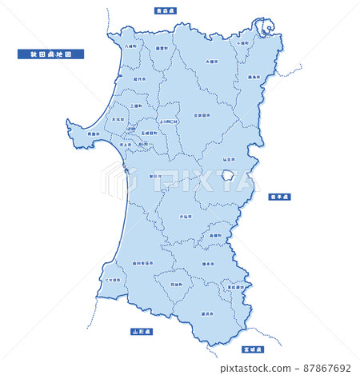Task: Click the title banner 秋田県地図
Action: tap(50, 55)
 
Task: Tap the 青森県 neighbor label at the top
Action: tap(167, 10)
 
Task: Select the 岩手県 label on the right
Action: tap(281, 195)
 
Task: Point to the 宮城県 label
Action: tap(254, 349)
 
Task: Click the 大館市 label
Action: tap(211, 61)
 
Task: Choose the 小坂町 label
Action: tap(242, 41)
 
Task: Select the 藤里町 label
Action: tap(162, 47)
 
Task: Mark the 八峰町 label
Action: tap(130, 46)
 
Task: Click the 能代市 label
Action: tap(140, 80)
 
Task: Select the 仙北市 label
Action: tap(229, 160)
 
